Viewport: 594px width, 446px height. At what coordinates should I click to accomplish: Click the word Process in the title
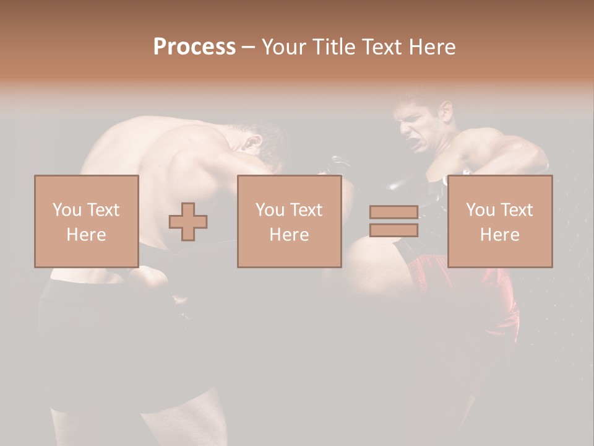[x=194, y=47]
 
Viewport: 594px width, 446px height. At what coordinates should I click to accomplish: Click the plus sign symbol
[x=188, y=222]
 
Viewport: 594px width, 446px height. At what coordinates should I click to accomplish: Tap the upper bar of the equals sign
[x=394, y=212]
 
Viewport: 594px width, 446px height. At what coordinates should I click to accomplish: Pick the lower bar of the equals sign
[x=394, y=230]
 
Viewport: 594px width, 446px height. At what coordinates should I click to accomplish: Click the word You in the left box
[x=67, y=209]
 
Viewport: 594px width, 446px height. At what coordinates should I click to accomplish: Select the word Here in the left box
[x=86, y=235]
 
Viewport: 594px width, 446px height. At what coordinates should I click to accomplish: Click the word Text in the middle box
[x=306, y=209]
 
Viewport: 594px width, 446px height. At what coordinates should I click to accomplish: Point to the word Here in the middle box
[x=289, y=235]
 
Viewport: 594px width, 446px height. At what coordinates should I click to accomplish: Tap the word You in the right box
[x=480, y=209]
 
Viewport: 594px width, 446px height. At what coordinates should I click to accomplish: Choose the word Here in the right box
[x=499, y=235]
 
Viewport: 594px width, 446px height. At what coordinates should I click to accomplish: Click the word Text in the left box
[x=102, y=209]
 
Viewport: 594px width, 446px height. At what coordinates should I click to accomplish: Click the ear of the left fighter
[x=251, y=144]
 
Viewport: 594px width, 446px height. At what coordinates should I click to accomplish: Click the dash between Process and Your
[x=249, y=48]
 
